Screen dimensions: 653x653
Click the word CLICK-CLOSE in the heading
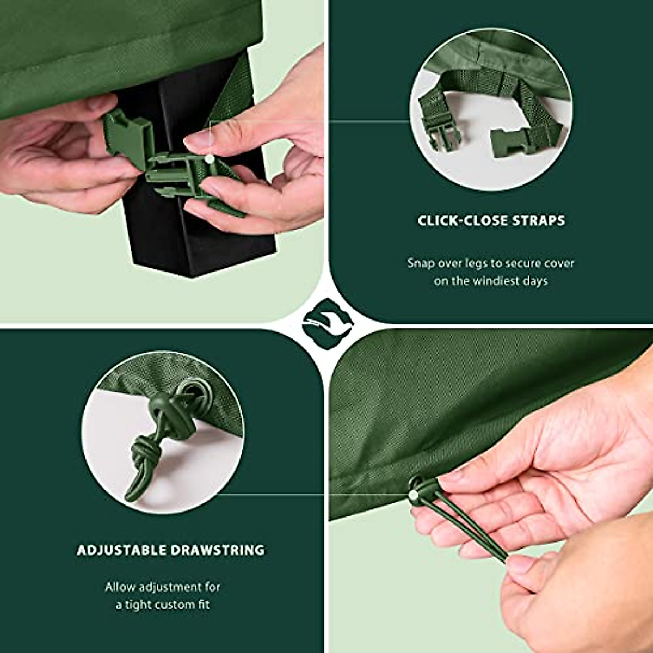[x=463, y=221]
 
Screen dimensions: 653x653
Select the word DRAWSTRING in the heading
[x=218, y=550]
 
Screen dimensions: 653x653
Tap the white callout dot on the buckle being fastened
[x=210, y=158]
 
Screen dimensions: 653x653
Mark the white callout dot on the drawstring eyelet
[x=414, y=495]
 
